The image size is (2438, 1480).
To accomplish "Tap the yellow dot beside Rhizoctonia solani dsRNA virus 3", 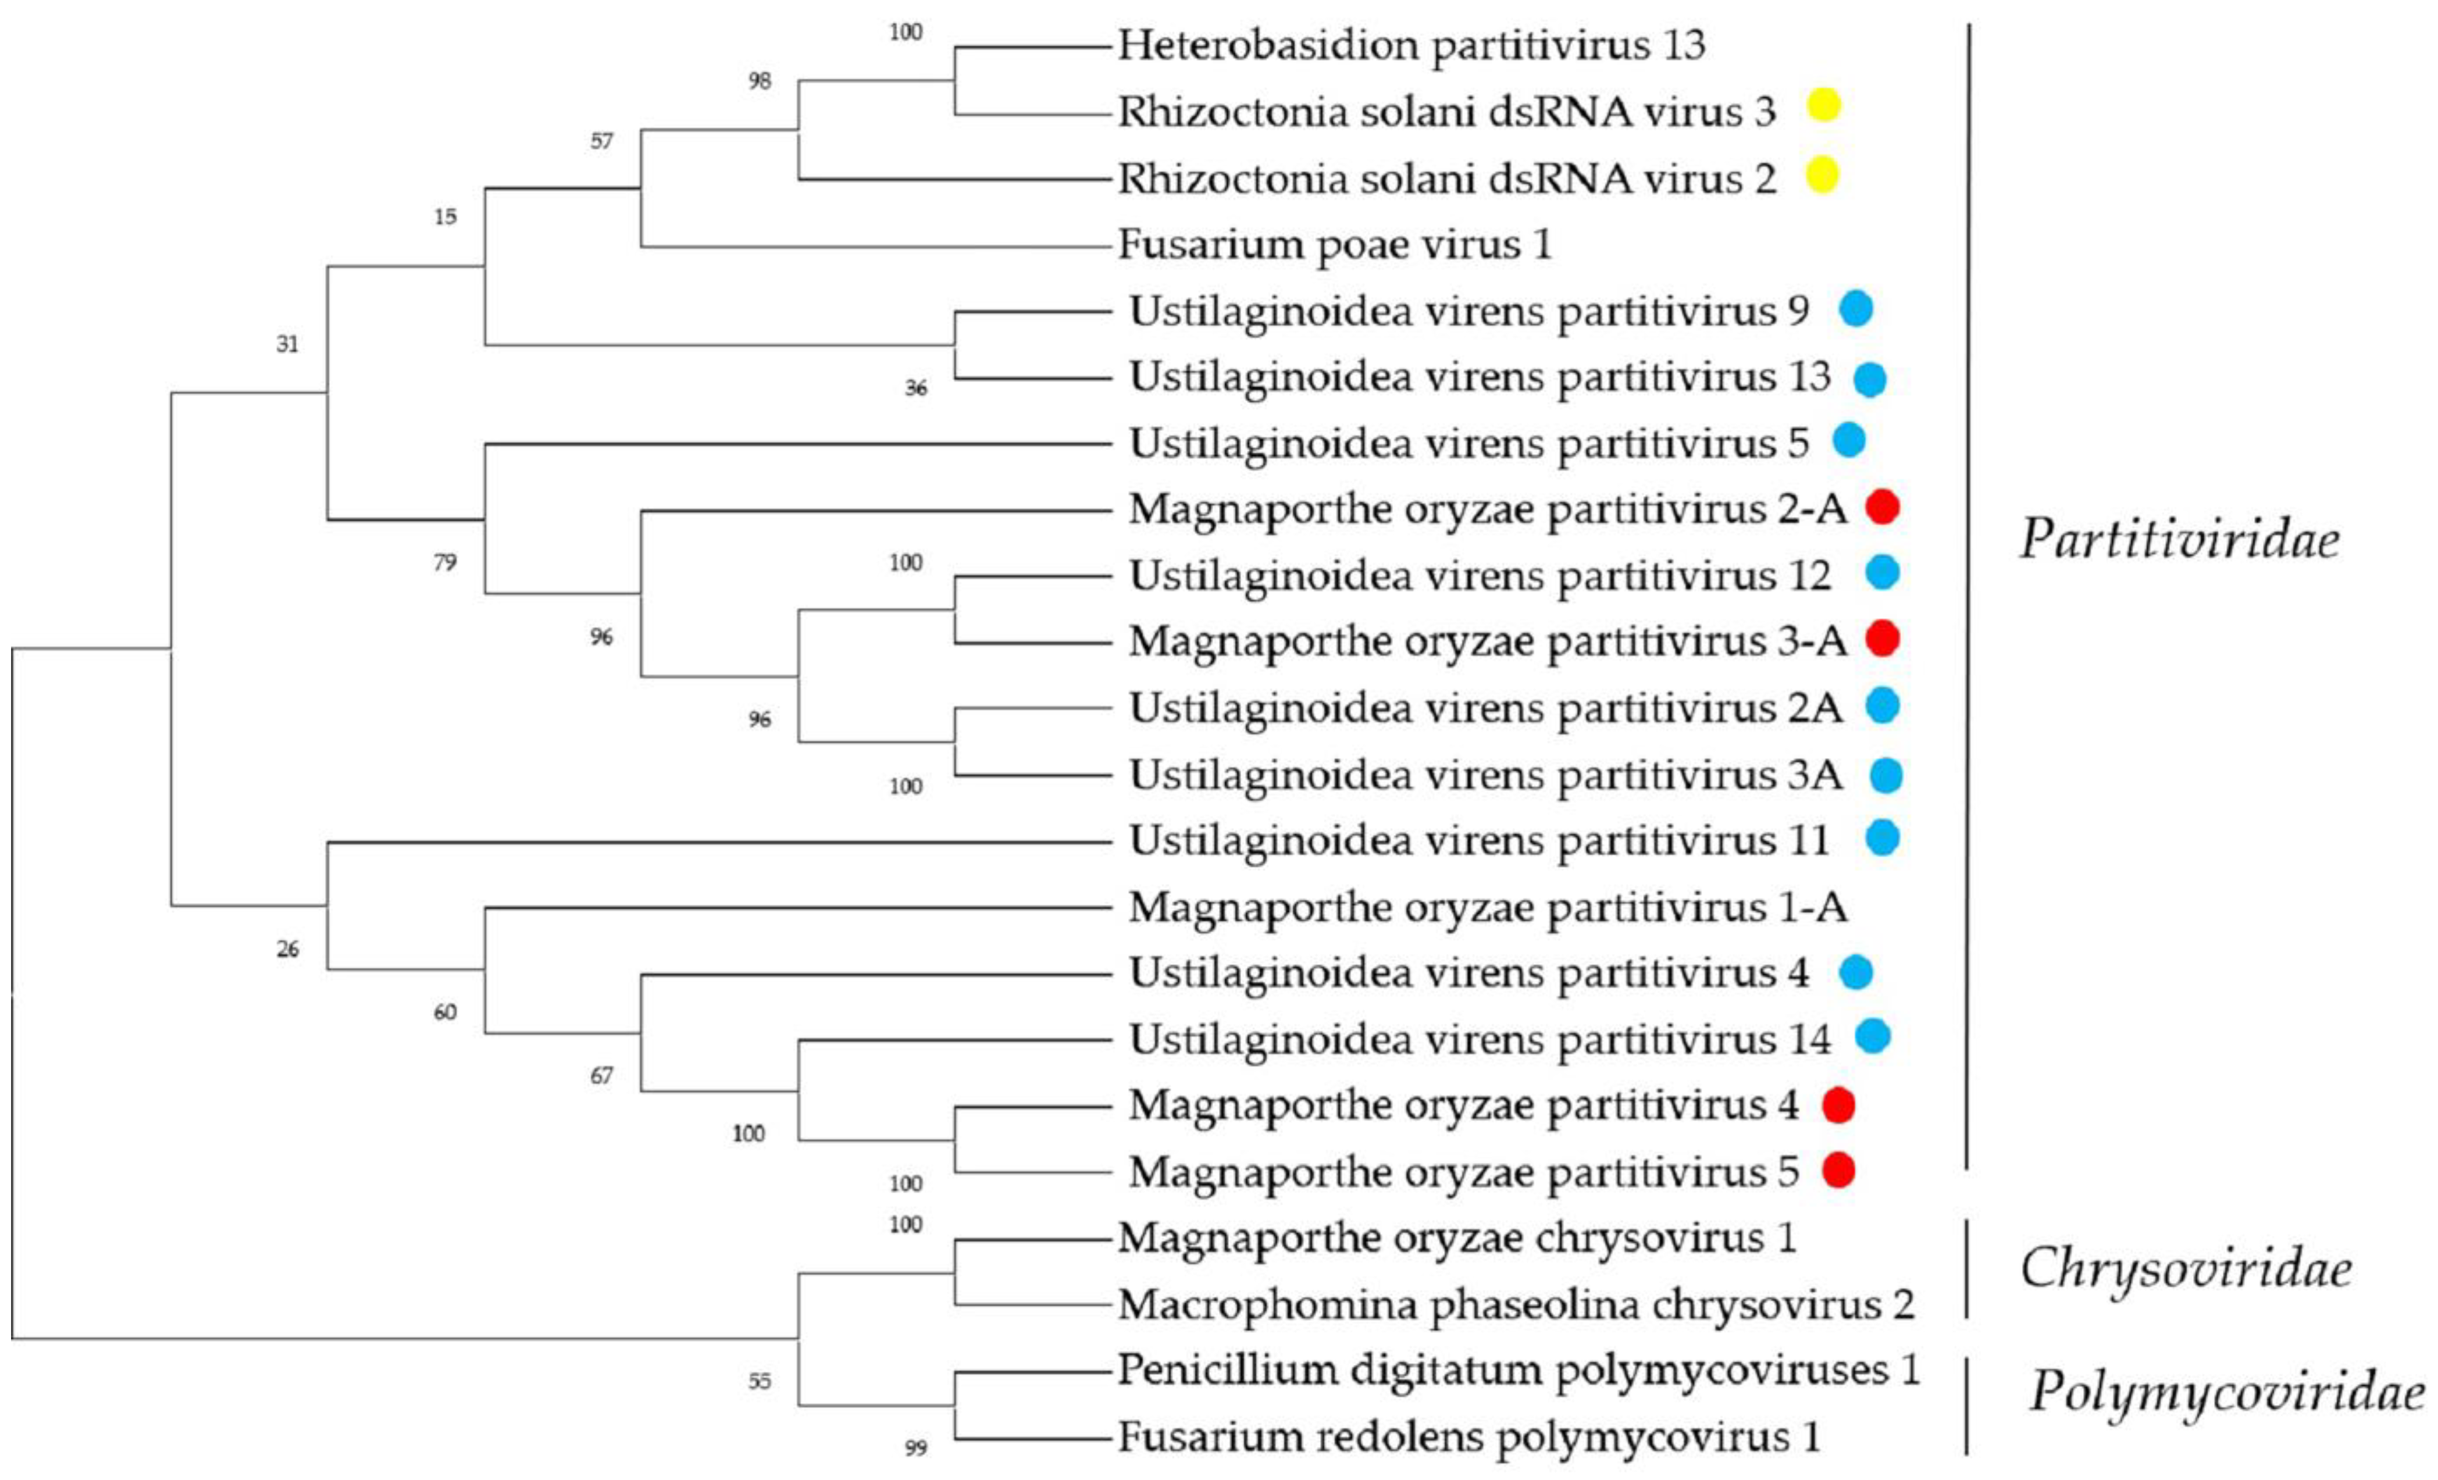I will tap(1823, 105).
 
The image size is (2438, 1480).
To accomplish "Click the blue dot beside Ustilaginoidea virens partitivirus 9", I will tap(1856, 309).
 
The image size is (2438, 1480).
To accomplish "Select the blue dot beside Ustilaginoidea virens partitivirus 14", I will tap(1872, 1036).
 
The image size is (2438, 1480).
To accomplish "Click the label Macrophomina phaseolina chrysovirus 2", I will tap(1516, 1305).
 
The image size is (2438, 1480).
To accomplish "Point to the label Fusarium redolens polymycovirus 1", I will tap(1469, 1436).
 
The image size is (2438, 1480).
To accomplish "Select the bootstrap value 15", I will tap(445, 217).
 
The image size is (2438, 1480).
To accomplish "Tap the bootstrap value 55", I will tap(759, 1381).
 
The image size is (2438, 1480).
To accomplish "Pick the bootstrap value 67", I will tap(601, 1075).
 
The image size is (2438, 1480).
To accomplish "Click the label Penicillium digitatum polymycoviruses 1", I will tap(1519, 1370).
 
